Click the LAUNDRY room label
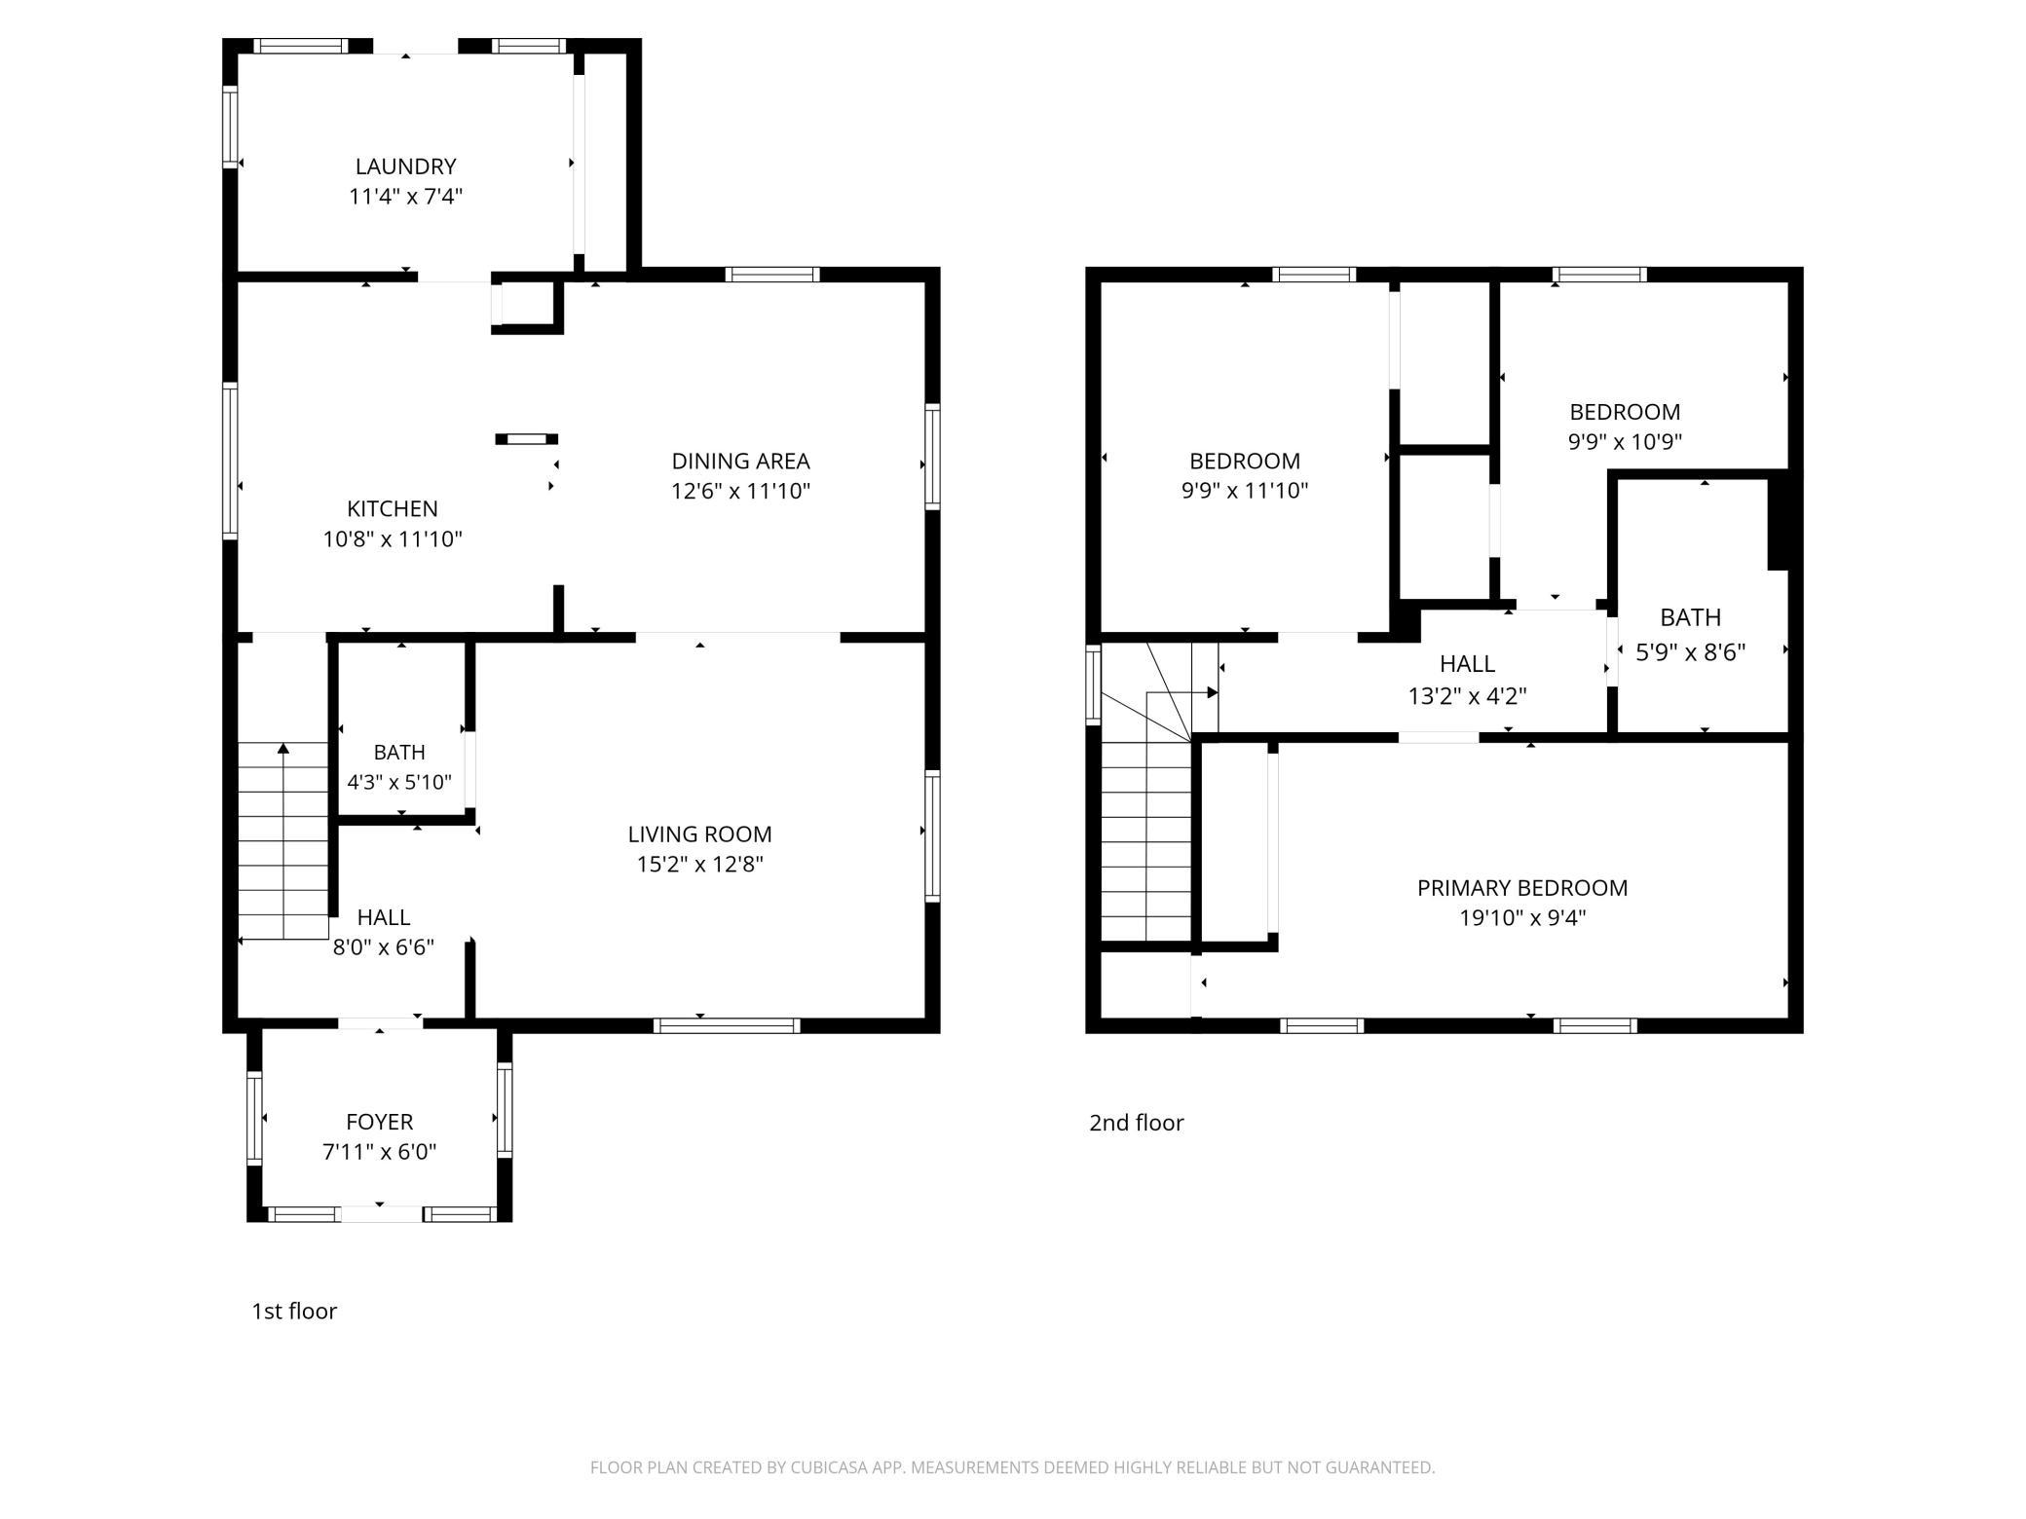[405, 167]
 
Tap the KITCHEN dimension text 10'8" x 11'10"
[393, 538]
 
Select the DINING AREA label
[740, 461]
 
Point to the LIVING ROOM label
[699, 834]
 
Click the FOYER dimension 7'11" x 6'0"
[379, 1152]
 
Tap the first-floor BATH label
[399, 752]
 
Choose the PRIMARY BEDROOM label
[1522, 888]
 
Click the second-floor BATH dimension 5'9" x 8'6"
[1690, 651]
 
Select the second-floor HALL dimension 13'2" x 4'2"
[1467, 696]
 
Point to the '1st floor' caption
[294, 1311]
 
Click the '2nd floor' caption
[1136, 1123]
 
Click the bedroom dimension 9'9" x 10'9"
[1625, 441]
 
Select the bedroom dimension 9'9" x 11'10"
[1245, 490]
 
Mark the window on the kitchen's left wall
[230, 461]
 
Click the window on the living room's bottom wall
[727, 1025]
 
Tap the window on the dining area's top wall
[774, 275]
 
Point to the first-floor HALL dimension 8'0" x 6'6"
[383, 947]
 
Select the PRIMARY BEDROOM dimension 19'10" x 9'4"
[1522, 917]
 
